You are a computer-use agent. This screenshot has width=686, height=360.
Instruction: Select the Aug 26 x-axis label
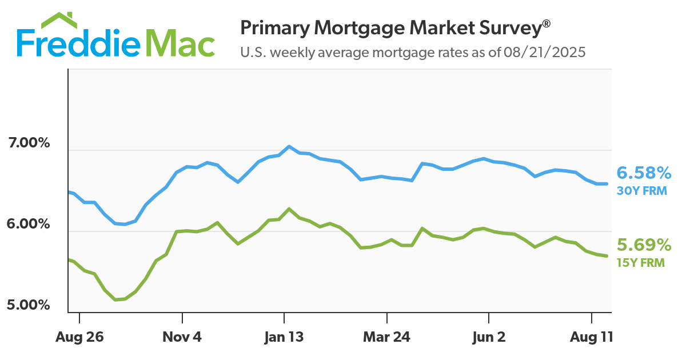[x=79, y=337]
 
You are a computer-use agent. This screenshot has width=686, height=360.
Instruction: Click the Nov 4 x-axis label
[x=182, y=337]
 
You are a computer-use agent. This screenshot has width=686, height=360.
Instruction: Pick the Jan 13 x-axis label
[x=284, y=337]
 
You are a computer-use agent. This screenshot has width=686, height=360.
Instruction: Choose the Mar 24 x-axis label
[x=386, y=337]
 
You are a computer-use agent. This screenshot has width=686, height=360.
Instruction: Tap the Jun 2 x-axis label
[x=489, y=337]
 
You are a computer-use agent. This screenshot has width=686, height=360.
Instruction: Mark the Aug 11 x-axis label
[x=592, y=337]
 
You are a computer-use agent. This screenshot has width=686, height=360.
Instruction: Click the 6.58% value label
[x=643, y=173]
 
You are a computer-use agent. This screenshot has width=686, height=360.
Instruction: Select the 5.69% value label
[x=643, y=246]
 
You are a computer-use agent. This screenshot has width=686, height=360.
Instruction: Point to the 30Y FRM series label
[x=642, y=191]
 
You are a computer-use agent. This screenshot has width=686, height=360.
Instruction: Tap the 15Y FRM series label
[x=641, y=263]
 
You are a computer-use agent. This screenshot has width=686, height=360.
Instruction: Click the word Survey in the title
[x=508, y=27]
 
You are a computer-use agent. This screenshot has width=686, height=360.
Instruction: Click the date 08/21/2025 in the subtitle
[x=545, y=53]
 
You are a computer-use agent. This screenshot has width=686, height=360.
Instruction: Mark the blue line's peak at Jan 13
[x=289, y=146]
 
